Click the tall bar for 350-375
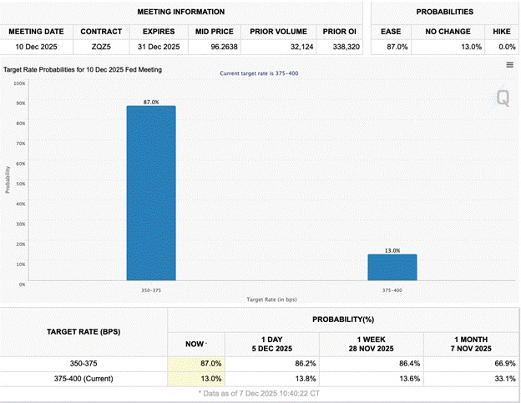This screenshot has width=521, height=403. (151, 193)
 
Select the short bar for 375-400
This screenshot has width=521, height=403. (392, 268)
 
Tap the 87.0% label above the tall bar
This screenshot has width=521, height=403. (151, 102)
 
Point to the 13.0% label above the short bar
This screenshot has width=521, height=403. (392, 250)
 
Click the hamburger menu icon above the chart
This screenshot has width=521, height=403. (509, 65)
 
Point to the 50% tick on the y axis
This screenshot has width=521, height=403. (20, 184)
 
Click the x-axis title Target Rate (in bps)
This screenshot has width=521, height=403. (271, 299)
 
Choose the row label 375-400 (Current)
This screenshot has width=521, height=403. (84, 379)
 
